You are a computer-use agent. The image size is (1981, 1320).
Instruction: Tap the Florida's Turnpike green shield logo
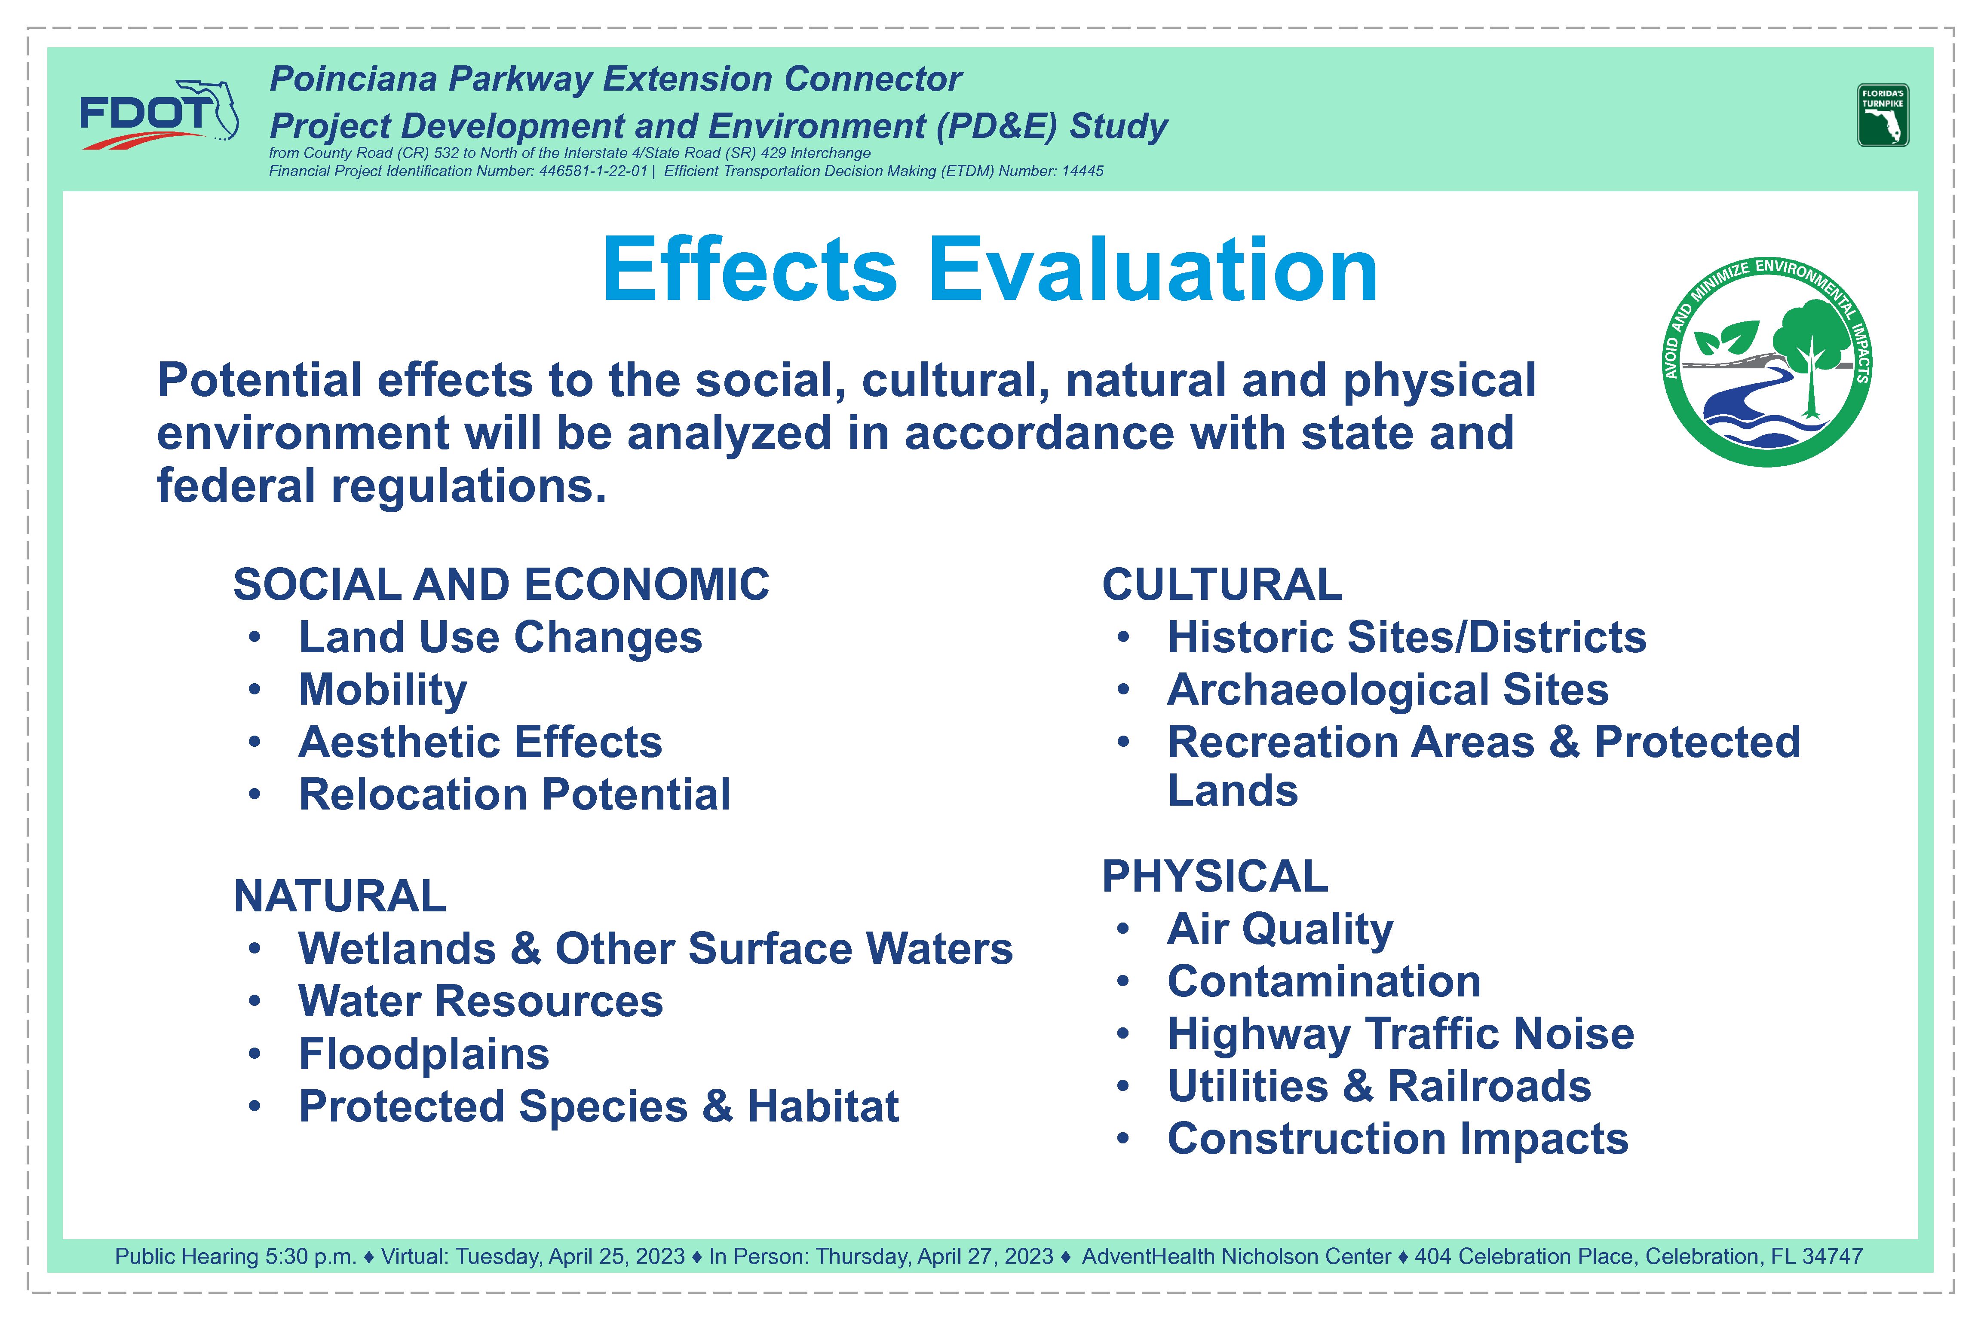pyautogui.click(x=1883, y=115)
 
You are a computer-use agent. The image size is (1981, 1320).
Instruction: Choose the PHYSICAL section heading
pyautogui.click(x=1215, y=877)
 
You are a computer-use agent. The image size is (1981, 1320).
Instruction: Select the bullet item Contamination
pyautogui.click(x=1324, y=981)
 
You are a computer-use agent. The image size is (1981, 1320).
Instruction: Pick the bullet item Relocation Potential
pyautogui.click(x=515, y=794)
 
